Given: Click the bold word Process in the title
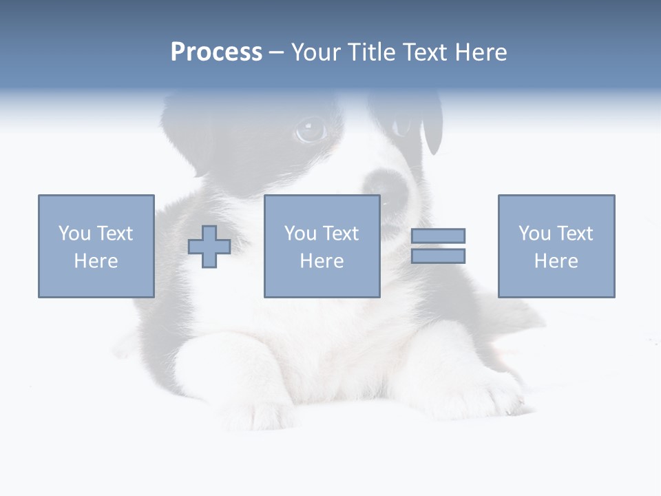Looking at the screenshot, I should (x=216, y=52).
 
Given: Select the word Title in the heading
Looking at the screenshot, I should (x=370, y=52).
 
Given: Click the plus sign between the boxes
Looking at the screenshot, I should (x=209, y=246).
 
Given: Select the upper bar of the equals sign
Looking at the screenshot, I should (x=438, y=236).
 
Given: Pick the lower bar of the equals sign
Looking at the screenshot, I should (x=438, y=256).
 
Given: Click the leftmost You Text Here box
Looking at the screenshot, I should (x=96, y=246).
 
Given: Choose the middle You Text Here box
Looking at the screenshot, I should (x=322, y=246).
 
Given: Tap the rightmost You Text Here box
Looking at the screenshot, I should (x=556, y=246).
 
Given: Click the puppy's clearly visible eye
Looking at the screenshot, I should (x=311, y=130).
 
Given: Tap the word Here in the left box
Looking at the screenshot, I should (x=96, y=261).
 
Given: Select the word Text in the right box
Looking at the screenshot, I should (x=574, y=234).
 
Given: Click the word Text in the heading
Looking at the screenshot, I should (x=423, y=52).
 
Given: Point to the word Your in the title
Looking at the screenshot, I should (x=317, y=52).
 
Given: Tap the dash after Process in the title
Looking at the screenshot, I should (x=276, y=52).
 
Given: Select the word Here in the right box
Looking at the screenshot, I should (x=556, y=261).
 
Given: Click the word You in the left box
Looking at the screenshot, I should (x=74, y=234).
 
